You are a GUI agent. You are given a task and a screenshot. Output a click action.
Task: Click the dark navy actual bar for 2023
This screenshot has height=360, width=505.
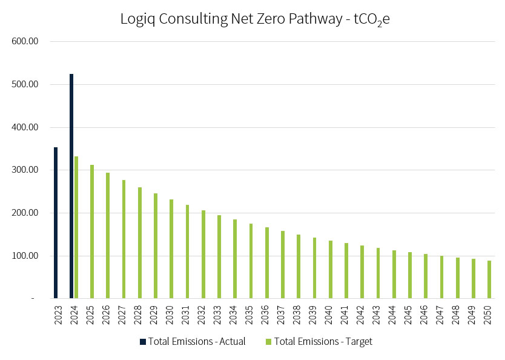coord(56,222)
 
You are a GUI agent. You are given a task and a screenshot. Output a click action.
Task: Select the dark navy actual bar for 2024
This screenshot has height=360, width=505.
coord(71,186)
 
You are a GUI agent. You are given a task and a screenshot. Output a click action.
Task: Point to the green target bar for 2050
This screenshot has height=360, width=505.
coord(489,279)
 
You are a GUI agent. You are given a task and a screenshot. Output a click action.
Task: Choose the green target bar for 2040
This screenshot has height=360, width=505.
coord(330,269)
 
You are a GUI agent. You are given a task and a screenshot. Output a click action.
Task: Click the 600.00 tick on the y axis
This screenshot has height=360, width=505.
coord(25,42)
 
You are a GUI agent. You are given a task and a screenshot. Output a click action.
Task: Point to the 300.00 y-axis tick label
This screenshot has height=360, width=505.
coord(25,170)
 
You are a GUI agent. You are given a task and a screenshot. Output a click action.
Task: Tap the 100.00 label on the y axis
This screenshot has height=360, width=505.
coord(25,256)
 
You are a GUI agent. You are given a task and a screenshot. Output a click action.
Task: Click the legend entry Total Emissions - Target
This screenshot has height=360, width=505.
coord(323,342)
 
